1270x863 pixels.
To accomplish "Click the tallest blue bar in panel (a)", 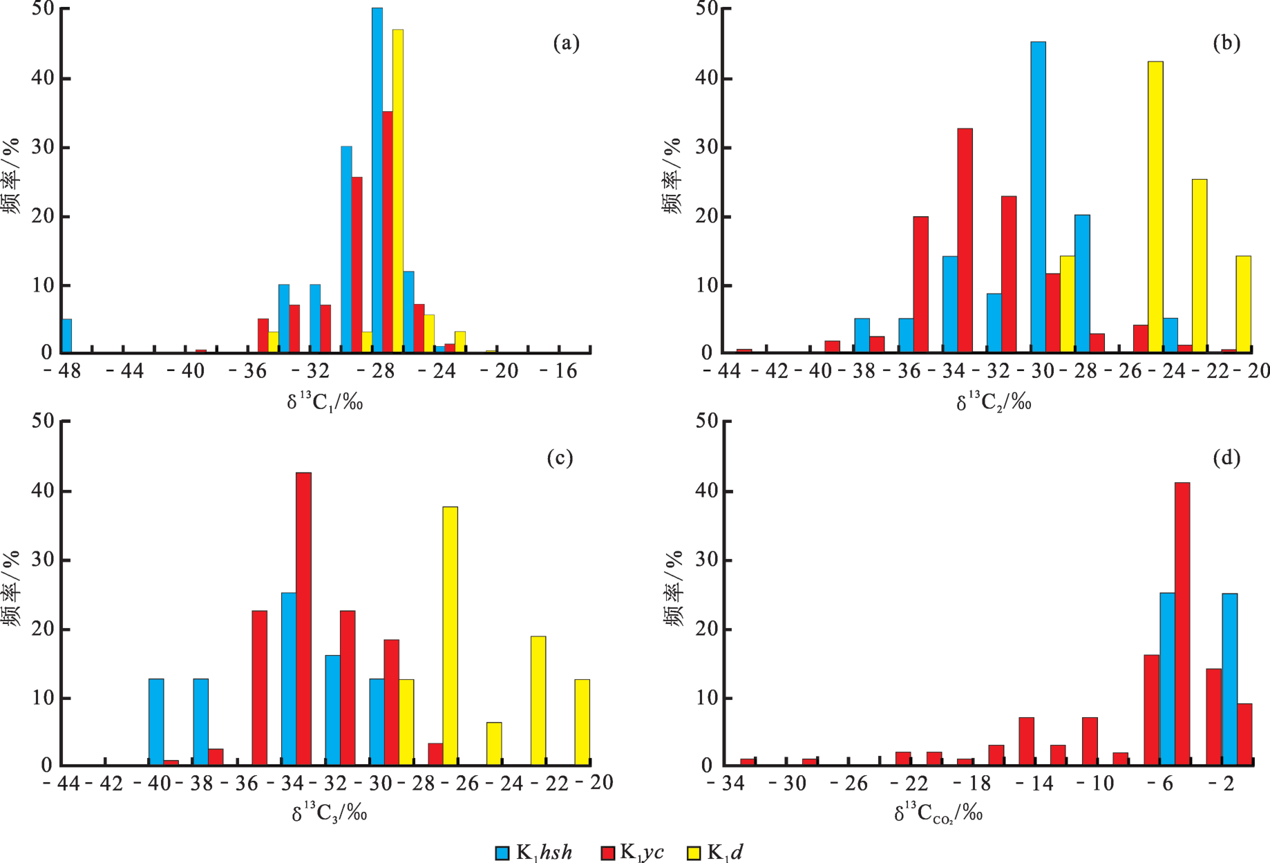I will [x=377, y=180].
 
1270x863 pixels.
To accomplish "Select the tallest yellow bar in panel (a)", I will [x=398, y=191].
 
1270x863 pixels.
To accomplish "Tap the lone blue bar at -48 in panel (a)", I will [x=67, y=336].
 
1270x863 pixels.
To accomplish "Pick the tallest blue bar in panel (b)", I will [x=1038, y=197].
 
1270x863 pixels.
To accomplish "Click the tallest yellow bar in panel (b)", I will [x=1155, y=207].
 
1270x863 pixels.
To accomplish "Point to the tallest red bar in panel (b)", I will [x=965, y=240].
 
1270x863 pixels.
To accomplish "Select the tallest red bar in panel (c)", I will [x=303, y=618].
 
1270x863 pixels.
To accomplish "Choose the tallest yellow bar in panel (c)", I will [x=450, y=636].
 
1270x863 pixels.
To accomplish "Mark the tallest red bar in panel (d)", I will [x=1182, y=624].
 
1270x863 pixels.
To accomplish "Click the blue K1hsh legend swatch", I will [x=502, y=853].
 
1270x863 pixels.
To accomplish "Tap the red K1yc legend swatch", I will [x=608, y=853].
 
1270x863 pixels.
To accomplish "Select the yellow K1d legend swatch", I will [x=693, y=853].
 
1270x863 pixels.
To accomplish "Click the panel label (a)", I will [x=566, y=44].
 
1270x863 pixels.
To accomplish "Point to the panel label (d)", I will [x=1226, y=457].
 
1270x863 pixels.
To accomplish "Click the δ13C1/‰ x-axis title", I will [x=325, y=402].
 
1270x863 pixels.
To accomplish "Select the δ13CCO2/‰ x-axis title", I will [x=938, y=814].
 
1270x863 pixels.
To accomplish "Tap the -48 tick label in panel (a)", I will [x=62, y=372].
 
